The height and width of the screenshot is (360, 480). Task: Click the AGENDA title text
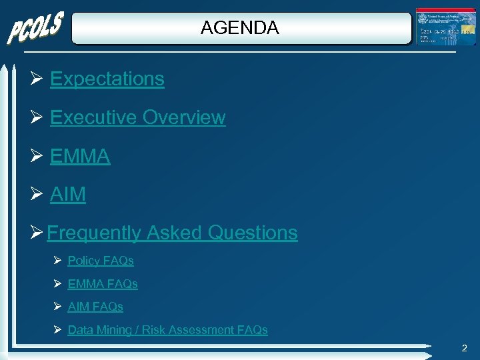click(x=239, y=28)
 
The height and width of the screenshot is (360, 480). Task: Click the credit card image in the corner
click(x=445, y=27)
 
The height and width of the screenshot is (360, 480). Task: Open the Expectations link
click(x=107, y=79)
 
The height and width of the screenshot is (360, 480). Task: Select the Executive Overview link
click(x=137, y=117)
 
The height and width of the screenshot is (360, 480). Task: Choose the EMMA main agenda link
click(x=80, y=156)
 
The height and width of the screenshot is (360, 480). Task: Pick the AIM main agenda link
click(x=67, y=194)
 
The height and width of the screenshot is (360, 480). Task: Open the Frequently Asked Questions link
click(x=172, y=233)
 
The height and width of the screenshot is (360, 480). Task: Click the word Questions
click(x=253, y=233)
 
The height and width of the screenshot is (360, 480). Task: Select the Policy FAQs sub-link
click(x=101, y=261)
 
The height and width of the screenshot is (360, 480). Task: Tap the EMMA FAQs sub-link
click(x=103, y=284)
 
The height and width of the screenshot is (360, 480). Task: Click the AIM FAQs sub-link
click(x=95, y=307)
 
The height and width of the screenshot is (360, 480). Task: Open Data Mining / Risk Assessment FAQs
click(x=167, y=330)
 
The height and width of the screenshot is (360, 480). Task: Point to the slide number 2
click(x=464, y=348)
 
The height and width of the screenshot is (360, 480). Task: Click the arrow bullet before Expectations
click(x=37, y=79)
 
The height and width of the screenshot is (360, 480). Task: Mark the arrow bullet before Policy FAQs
click(x=58, y=261)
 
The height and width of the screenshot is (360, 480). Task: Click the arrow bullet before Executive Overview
click(x=37, y=118)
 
